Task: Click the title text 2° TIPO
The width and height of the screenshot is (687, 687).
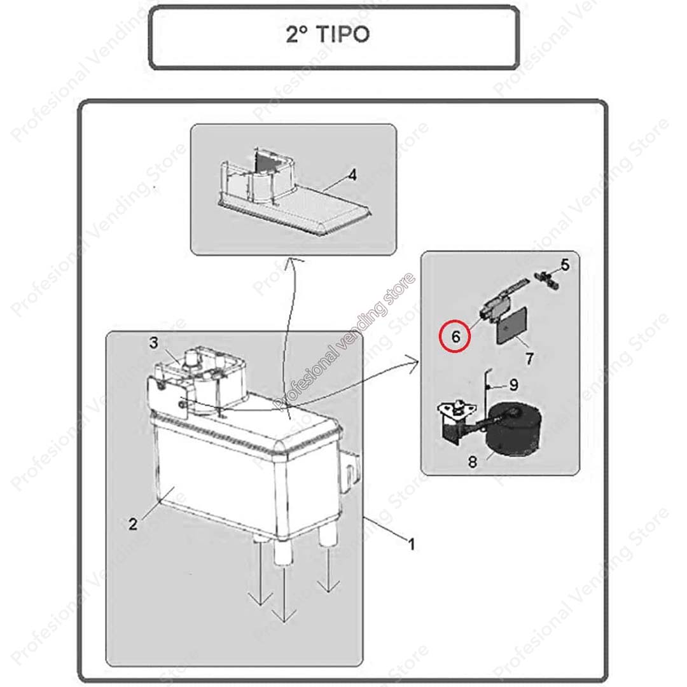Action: click(328, 34)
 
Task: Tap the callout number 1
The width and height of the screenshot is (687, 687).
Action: click(411, 544)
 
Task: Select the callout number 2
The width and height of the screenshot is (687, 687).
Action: click(133, 524)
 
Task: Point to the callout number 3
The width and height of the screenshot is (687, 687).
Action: click(153, 343)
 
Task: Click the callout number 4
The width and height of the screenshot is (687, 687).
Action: click(352, 175)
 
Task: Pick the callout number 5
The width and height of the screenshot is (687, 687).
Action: click(566, 265)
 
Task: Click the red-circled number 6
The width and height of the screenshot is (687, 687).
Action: click(455, 337)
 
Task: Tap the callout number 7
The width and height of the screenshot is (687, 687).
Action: click(529, 359)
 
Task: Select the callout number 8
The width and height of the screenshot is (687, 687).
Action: click(472, 461)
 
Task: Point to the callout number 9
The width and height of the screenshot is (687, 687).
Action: click(513, 385)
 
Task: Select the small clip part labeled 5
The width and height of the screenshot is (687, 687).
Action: click(546, 279)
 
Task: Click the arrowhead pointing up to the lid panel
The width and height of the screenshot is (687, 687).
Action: click(289, 261)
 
